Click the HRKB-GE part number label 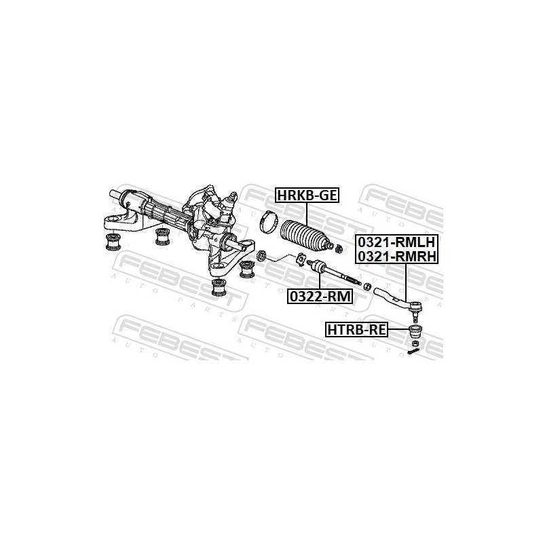307,195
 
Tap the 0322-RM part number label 320,297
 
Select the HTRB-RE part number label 357,330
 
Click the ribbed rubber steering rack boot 303,235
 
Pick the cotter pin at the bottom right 413,352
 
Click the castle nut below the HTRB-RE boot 415,343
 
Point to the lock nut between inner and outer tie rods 368,286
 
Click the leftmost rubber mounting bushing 113,242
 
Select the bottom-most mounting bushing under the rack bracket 219,287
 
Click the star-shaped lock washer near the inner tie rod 301,260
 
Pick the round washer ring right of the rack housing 261,257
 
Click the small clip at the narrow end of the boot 339,248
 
